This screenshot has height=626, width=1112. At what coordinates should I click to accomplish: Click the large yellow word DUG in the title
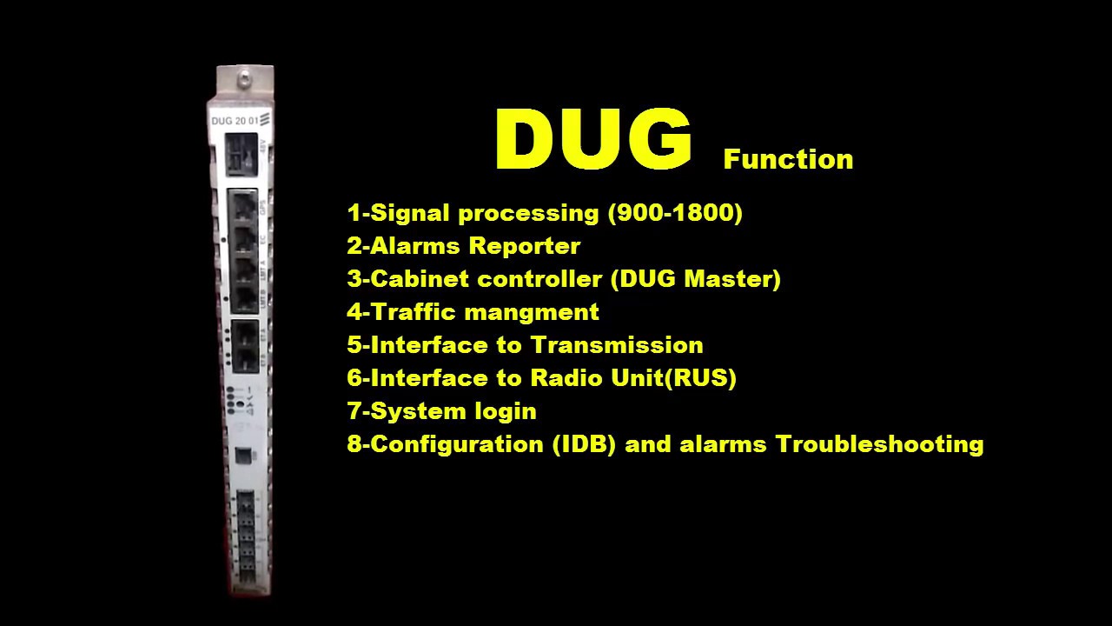pyautogui.click(x=593, y=140)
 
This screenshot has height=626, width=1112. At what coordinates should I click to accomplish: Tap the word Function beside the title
pyautogui.click(x=788, y=159)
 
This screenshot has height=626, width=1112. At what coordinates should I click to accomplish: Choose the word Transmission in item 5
pyautogui.click(x=617, y=345)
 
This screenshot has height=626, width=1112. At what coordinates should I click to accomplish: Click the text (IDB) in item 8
pyautogui.click(x=585, y=444)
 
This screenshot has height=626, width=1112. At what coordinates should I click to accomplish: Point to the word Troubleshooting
pyautogui.click(x=879, y=444)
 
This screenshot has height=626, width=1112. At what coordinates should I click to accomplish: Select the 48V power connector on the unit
pyautogui.click(x=240, y=158)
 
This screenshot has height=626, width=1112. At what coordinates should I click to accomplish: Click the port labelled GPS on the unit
pyautogui.click(x=242, y=207)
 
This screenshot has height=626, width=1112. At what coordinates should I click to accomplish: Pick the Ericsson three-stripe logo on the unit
pyautogui.click(x=266, y=119)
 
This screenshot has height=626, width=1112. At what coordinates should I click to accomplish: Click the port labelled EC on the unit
pyautogui.click(x=242, y=238)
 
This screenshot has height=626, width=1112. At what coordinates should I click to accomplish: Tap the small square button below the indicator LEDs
pyautogui.click(x=244, y=456)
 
